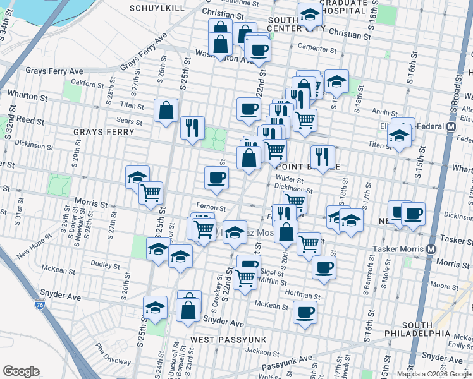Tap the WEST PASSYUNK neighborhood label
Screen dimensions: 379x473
tap(229, 340)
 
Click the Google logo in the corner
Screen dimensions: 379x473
tap(21, 371)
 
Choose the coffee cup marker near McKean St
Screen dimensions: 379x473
tap(305, 312)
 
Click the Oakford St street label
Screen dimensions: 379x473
tap(87, 83)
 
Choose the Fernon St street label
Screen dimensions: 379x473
tap(211, 207)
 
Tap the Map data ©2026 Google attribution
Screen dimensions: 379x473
tap(434, 374)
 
